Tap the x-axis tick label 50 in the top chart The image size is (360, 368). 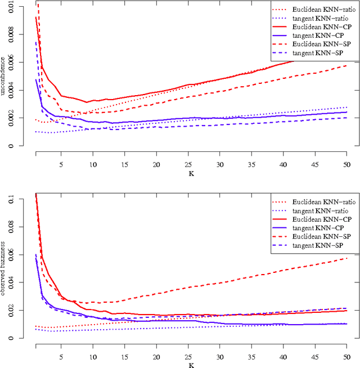[346, 165]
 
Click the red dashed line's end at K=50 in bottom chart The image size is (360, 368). [346, 258]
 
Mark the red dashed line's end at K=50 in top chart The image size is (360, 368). [346, 66]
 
